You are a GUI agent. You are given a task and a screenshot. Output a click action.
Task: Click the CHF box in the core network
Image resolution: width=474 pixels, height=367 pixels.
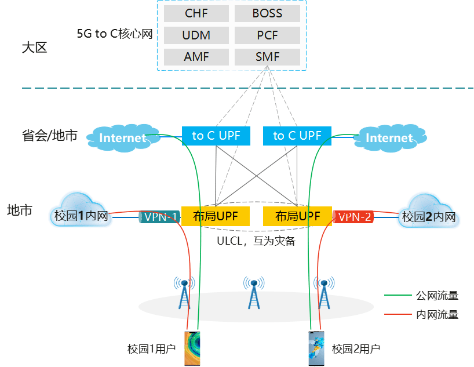click(196, 13)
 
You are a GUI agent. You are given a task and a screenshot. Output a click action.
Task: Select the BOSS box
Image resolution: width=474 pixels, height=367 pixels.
click(267, 13)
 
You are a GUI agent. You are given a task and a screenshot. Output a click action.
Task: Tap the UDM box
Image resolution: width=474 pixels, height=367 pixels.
click(196, 35)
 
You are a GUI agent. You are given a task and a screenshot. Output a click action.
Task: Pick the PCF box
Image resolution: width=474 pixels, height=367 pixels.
click(267, 35)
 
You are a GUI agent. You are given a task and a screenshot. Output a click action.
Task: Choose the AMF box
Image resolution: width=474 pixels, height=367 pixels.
click(196, 57)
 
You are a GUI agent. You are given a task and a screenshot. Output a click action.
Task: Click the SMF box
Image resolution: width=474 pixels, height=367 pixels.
click(267, 57)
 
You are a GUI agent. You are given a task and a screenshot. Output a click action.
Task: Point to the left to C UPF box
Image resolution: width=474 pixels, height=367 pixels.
click(216, 136)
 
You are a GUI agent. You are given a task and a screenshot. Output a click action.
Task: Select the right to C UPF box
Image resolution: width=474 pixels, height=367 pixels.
click(297, 136)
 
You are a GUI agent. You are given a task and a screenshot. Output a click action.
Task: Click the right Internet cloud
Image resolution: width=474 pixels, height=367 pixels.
click(389, 138)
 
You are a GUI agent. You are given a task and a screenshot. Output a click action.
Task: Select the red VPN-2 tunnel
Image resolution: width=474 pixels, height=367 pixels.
click(353, 217)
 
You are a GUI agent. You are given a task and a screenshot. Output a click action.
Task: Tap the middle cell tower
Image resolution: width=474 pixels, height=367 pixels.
click(253, 293)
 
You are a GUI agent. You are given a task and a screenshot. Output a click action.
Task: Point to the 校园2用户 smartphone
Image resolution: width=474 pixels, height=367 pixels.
click(316, 348)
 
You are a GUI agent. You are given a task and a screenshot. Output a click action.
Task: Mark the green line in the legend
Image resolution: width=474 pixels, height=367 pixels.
click(397, 296)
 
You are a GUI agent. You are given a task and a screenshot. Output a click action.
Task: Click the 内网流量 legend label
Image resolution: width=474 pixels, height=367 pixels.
click(437, 315)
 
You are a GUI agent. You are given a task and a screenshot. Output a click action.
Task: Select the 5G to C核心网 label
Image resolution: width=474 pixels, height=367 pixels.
click(115, 34)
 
